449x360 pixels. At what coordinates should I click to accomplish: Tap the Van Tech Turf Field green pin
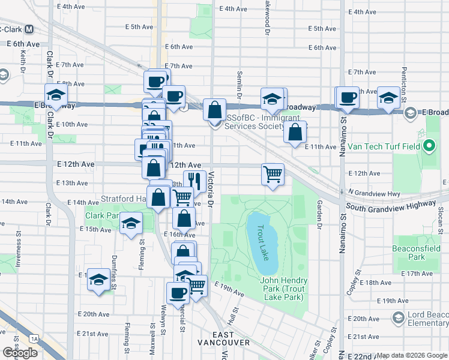click(x=429, y=146)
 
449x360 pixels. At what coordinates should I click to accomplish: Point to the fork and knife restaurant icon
click(x=194, y=179)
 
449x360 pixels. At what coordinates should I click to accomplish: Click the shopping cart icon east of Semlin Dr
click(x=273, y=173)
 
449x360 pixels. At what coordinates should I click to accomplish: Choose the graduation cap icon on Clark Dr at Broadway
click(x=56, y=95)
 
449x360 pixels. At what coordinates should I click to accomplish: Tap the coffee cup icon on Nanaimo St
click(x=348, y=97)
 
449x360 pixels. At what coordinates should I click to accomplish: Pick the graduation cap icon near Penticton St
click(x=388, y=98)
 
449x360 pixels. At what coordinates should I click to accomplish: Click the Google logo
click(x=20, y=352)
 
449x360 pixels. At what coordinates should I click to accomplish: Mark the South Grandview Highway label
click(x=390, y=205)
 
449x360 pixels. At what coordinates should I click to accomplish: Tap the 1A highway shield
click(x=34, y=339)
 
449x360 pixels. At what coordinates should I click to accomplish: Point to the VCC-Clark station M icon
click(x=29, y=28)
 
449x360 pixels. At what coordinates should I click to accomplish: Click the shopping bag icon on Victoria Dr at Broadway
click(x=215, y=110)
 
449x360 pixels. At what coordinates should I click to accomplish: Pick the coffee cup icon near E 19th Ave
click(x=178, y=293)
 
